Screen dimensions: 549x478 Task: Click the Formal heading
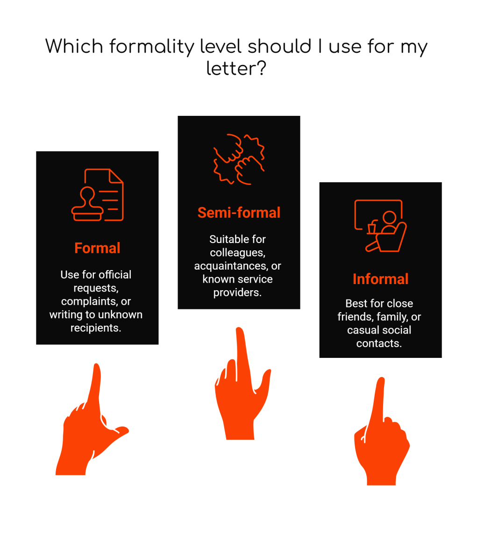[x=97, y=248]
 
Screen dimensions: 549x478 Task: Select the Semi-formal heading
[x=239, y=213]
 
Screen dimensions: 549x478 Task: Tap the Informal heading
[x=380, y=279]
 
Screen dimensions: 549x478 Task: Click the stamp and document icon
[x=97, y=195]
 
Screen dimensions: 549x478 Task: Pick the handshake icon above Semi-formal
[x=239, y=159]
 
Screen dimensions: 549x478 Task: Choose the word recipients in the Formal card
[x=95, y=328]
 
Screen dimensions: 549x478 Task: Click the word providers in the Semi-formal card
[x=237, y=292]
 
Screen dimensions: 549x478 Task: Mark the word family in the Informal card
[x=390, y=317]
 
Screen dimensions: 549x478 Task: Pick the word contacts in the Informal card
[x=378, y=343]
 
